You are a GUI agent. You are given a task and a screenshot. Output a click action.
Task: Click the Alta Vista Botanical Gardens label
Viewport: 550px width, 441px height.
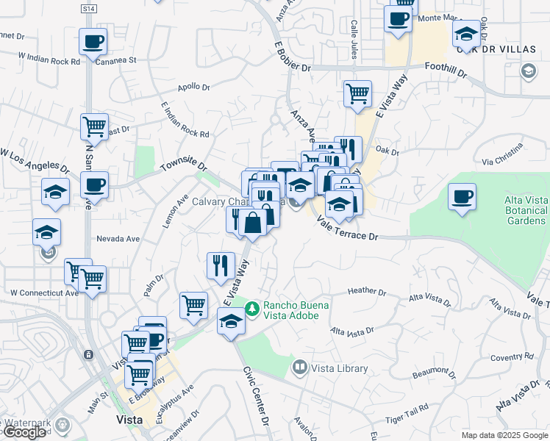[x=525, y=210]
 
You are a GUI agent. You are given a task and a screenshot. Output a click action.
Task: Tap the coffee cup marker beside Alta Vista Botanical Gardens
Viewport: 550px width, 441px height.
[x=462, y=197]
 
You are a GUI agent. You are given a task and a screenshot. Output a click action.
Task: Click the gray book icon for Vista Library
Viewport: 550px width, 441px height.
[x=299, y=366]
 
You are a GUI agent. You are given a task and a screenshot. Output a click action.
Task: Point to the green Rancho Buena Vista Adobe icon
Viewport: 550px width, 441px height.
[x=252, y=309]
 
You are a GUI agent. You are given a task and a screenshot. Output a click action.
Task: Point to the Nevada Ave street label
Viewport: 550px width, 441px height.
[x=118, y=239]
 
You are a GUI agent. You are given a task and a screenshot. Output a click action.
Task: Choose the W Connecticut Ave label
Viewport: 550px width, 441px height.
[x=44, y=293]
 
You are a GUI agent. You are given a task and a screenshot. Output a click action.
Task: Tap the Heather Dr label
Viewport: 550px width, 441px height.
[x=366, y=292]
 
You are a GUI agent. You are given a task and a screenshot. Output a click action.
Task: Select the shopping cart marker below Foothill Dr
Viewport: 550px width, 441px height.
[x=357, y=93]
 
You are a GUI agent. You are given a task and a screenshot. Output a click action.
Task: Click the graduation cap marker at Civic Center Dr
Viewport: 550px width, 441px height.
[x=231, y=321]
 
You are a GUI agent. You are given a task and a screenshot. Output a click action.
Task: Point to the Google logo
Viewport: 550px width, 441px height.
[x=24, y=432]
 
